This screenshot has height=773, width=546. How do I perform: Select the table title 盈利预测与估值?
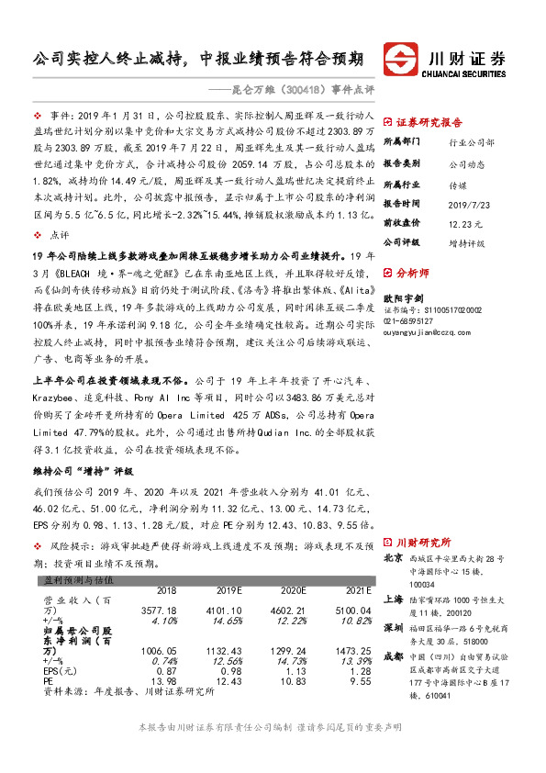80,580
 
